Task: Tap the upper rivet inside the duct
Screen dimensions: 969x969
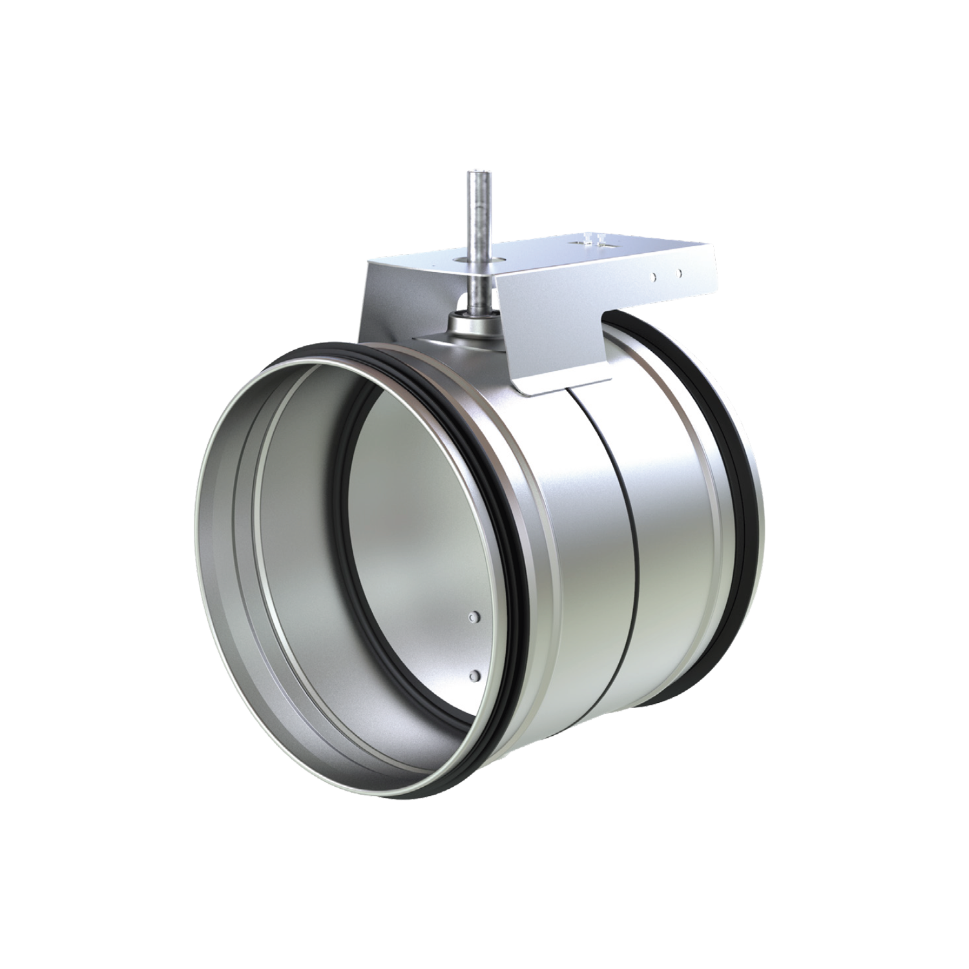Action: (x=475, y=617)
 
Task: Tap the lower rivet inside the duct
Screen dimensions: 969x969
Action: (x=475, y=675)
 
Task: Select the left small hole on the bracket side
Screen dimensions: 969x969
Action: (x=655, y=276)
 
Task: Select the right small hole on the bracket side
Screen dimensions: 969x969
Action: (x=678, y=273)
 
